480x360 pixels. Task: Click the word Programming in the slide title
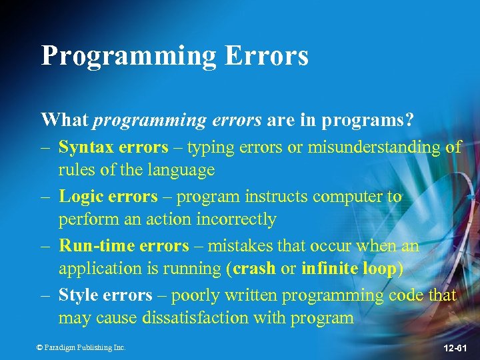129,56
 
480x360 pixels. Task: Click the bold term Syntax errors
113,147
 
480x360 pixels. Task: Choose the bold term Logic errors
108,197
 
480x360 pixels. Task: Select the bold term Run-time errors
124,245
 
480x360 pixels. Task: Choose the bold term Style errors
105,295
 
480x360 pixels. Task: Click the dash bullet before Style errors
46,295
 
